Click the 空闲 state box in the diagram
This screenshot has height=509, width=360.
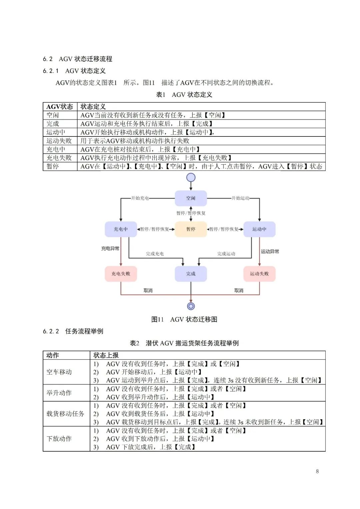pos(191,198)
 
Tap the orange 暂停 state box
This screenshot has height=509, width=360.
pos(191,229)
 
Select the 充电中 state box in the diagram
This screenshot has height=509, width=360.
pos(121,229)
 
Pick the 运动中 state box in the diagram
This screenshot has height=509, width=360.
pos(259,229)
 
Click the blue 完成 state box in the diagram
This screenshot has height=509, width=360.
pos(191,274)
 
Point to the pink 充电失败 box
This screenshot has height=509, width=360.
pos(121,274)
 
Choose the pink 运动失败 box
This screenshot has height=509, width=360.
pos(259,274)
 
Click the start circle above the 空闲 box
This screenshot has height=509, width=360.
pos(191,177)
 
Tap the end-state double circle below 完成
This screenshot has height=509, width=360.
pos(191,306)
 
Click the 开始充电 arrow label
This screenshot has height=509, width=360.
pos(140,198)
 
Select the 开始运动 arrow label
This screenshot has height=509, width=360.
pos(240,198)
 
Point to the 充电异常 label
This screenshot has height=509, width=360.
pos(110,248)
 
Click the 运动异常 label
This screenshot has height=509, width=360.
pos(270,251)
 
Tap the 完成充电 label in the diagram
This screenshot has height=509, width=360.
pos(155,254)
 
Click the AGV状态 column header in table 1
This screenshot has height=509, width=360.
pos(60,107)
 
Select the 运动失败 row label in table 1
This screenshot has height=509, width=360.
pos(59,141)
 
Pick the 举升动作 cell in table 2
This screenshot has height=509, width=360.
pos(59,393)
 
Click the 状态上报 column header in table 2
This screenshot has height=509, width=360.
pos(106,355)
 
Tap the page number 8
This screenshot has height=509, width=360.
pos(317,471)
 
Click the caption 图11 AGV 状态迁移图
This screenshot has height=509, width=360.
pos(184,320)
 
